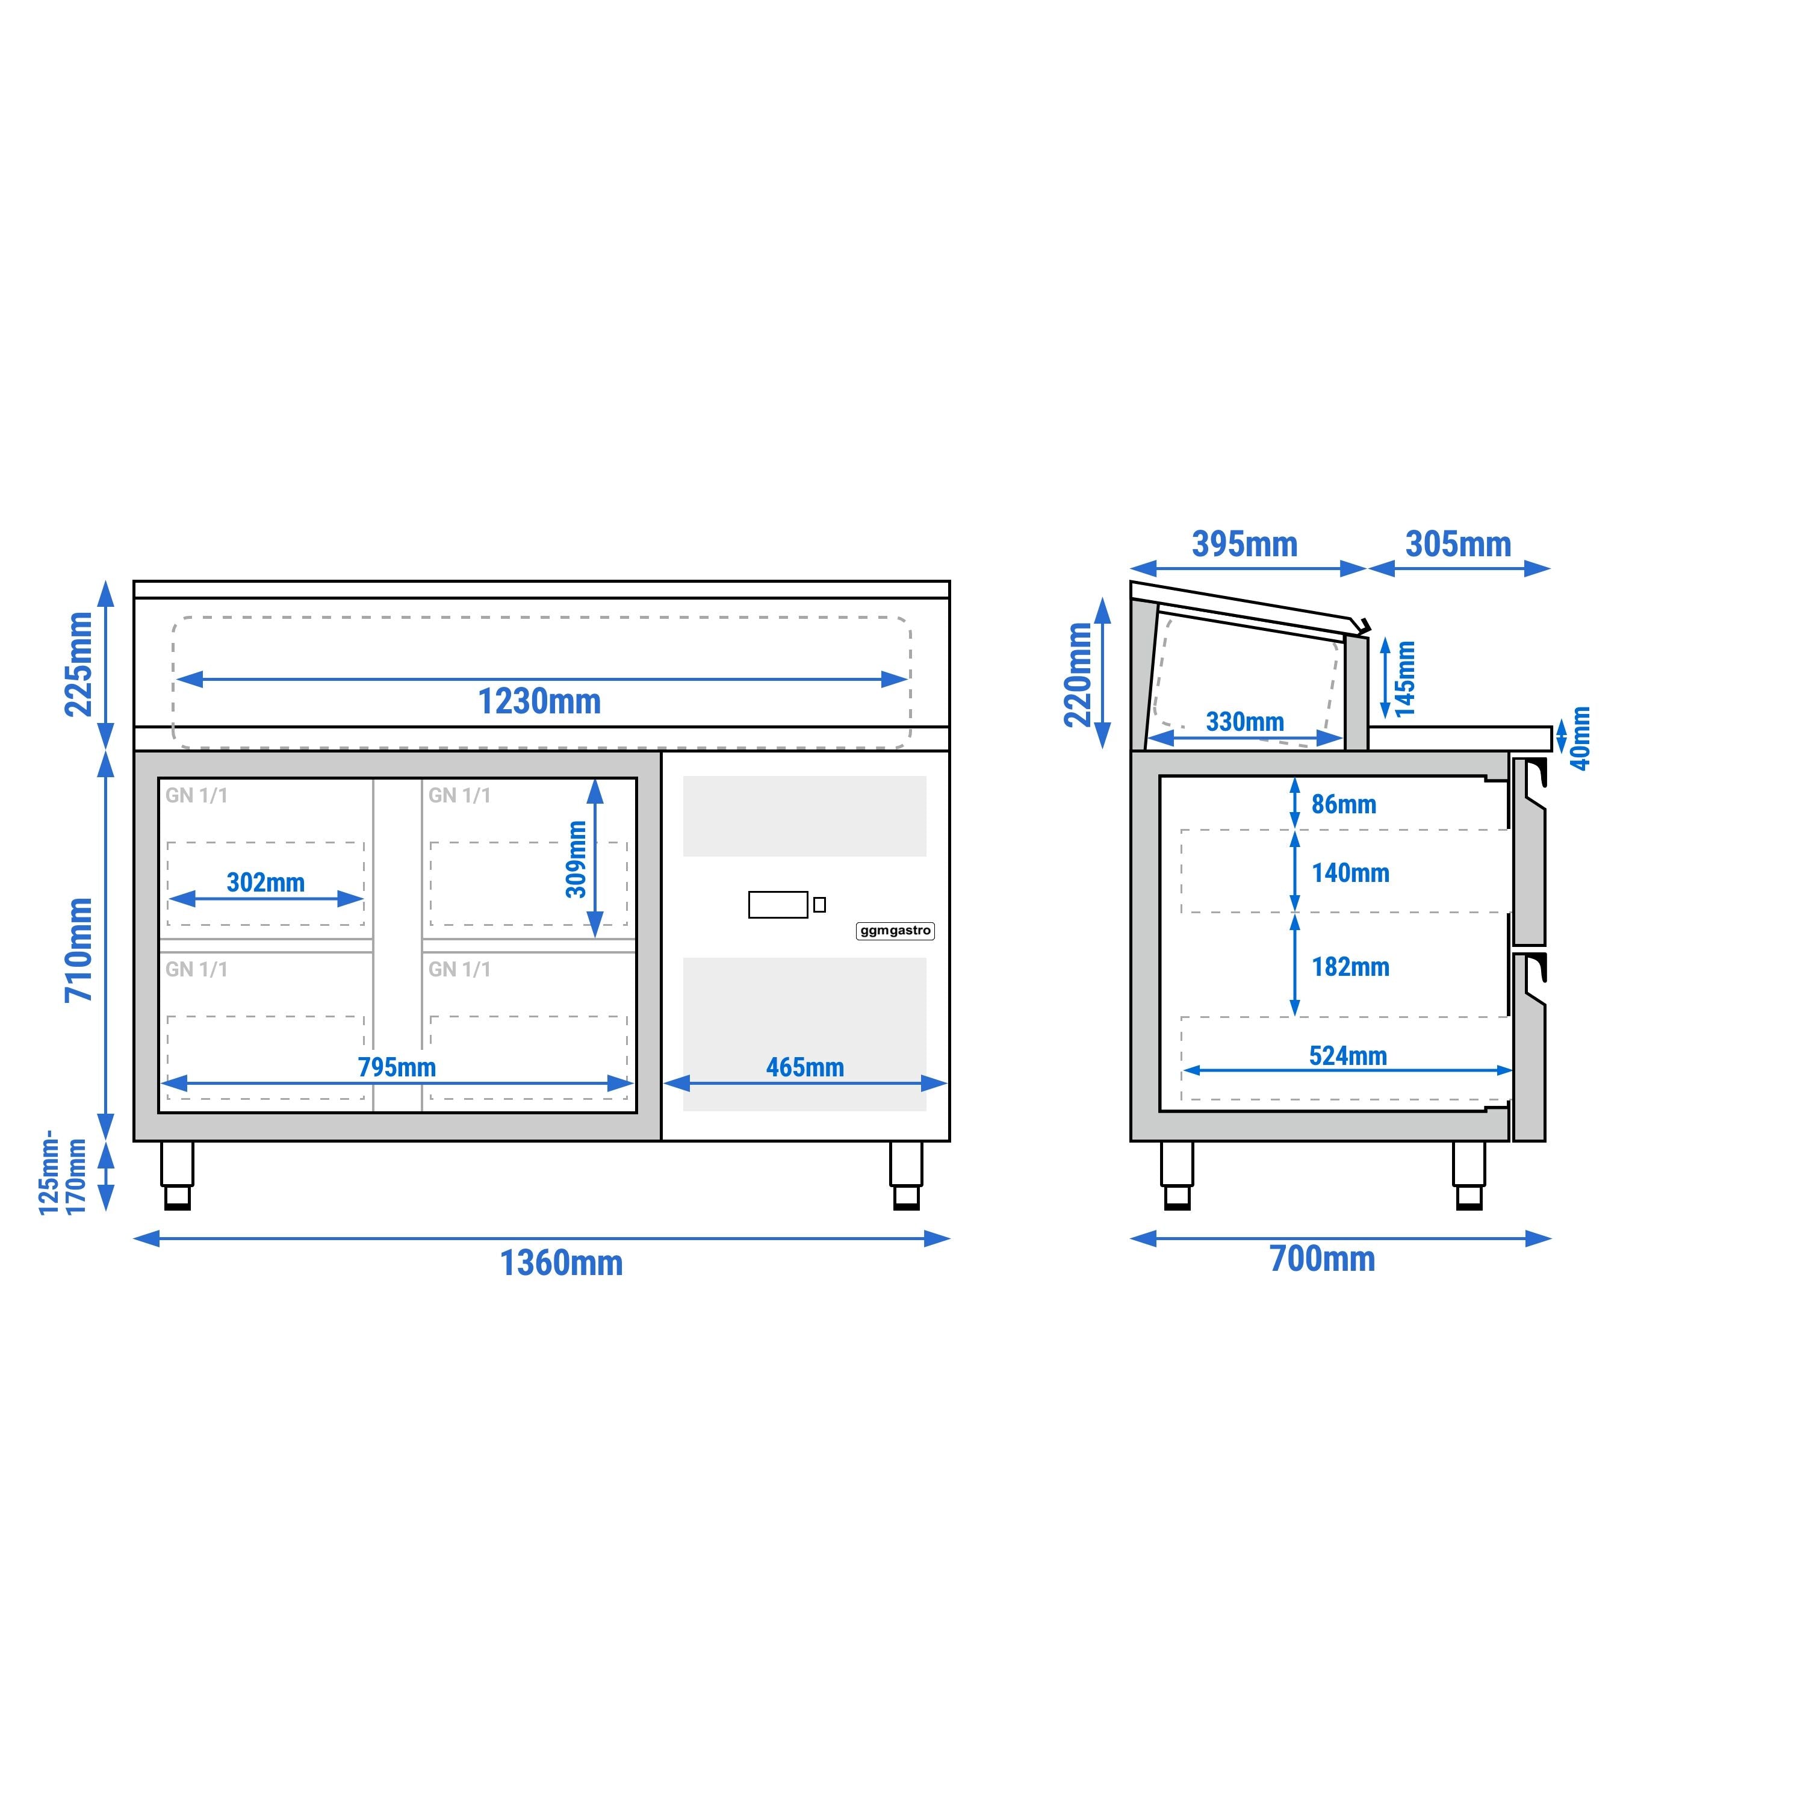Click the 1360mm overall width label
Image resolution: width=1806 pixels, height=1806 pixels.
click(x=561, y=1263)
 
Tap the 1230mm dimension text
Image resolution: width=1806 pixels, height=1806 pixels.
click(x=539, y=701)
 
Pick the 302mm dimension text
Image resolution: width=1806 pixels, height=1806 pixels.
click(x=265, y=883)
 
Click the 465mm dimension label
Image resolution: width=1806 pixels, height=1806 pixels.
click(x=805, y=1067)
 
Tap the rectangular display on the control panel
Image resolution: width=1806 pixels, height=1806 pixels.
click(x=778, y=905)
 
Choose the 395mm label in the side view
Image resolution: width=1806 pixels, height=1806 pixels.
click(x=1244, y=544)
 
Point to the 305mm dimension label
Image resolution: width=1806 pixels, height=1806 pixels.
click(x=1458, y=544)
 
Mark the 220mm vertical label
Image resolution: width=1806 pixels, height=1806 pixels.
click(x=1078, y=675)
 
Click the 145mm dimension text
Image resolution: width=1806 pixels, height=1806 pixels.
click(x=1406, y=678)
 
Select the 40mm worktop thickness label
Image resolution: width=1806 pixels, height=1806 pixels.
click(x=1580, y=739)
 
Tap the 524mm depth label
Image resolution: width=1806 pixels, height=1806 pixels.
click(x=1348, y=1055)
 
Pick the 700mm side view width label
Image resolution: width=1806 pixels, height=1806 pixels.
click(x=1322, y=1259)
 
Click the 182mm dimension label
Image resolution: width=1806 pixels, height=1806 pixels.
click(x=1350, y=967)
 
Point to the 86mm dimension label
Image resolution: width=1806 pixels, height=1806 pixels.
click(x=1343, y=804)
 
